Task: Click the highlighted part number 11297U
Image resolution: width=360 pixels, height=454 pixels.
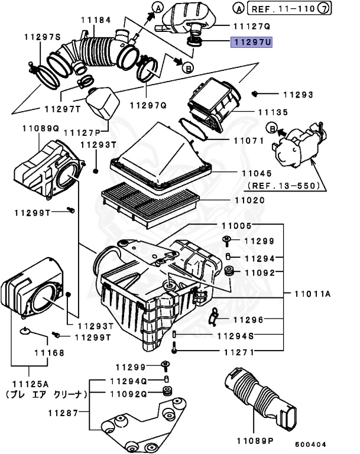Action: point(251,43)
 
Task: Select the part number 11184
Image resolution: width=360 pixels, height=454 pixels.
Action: point(96,20)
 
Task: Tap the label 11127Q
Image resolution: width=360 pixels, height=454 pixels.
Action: point(251,26)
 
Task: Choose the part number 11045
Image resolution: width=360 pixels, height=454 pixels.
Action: point(257,174)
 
